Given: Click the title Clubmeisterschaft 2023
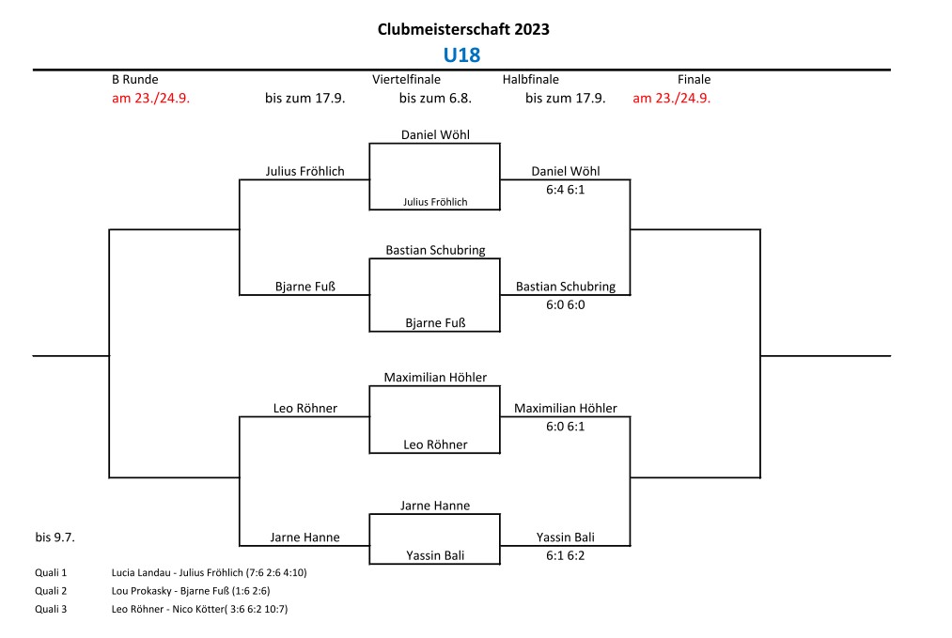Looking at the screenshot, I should pos(463,29).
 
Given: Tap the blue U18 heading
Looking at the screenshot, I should pos(461,55).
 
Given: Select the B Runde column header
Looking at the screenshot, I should pos(134,80).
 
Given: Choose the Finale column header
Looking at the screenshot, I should pos(694,80).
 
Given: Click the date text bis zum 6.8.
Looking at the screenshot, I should pos(435,98).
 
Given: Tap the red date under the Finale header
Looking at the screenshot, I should pos(671,98).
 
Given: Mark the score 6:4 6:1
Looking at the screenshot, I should pos(565,188).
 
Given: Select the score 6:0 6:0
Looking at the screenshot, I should pos(565,303).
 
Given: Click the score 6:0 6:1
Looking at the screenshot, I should pos(565,426).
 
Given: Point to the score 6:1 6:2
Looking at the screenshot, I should pos(565,554).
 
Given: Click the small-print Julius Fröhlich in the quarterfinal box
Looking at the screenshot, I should pos(435,202).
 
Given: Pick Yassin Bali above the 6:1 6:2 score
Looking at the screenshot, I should pos(565,537).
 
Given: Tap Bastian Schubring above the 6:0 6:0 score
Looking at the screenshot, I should pos(565,287).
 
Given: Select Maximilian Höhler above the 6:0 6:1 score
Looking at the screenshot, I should pos(565,409).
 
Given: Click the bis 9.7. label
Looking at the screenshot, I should pos(55,537).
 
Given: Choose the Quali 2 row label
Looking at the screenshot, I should pos(51,590).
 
